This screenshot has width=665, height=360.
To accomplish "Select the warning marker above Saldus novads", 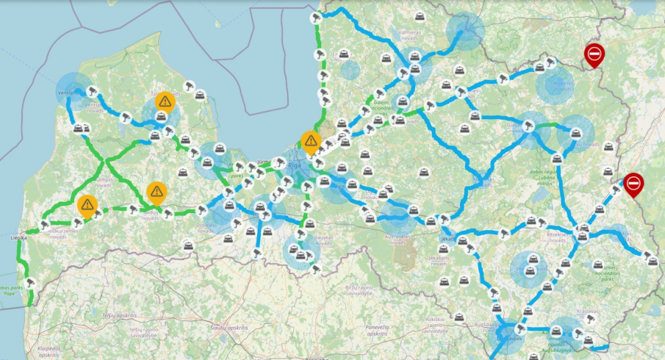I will (157, 192).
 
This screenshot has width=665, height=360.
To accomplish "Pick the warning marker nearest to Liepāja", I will (87, 205).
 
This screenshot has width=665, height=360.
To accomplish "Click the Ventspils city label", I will (68, 94).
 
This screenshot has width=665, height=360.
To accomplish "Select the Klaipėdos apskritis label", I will (53, 352).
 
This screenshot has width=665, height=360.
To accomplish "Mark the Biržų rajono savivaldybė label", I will (359, 291).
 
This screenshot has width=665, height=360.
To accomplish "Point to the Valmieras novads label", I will (410, 38).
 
